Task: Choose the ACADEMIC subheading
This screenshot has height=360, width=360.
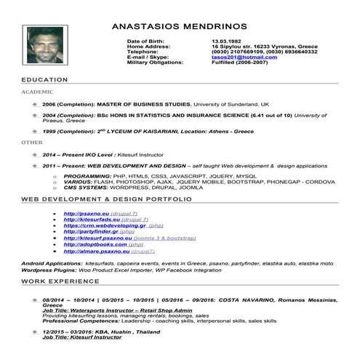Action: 38,93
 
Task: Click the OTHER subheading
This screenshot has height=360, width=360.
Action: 32,143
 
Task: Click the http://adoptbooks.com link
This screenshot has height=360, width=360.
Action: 91,244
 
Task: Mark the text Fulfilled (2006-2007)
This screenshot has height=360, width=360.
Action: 240,63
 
